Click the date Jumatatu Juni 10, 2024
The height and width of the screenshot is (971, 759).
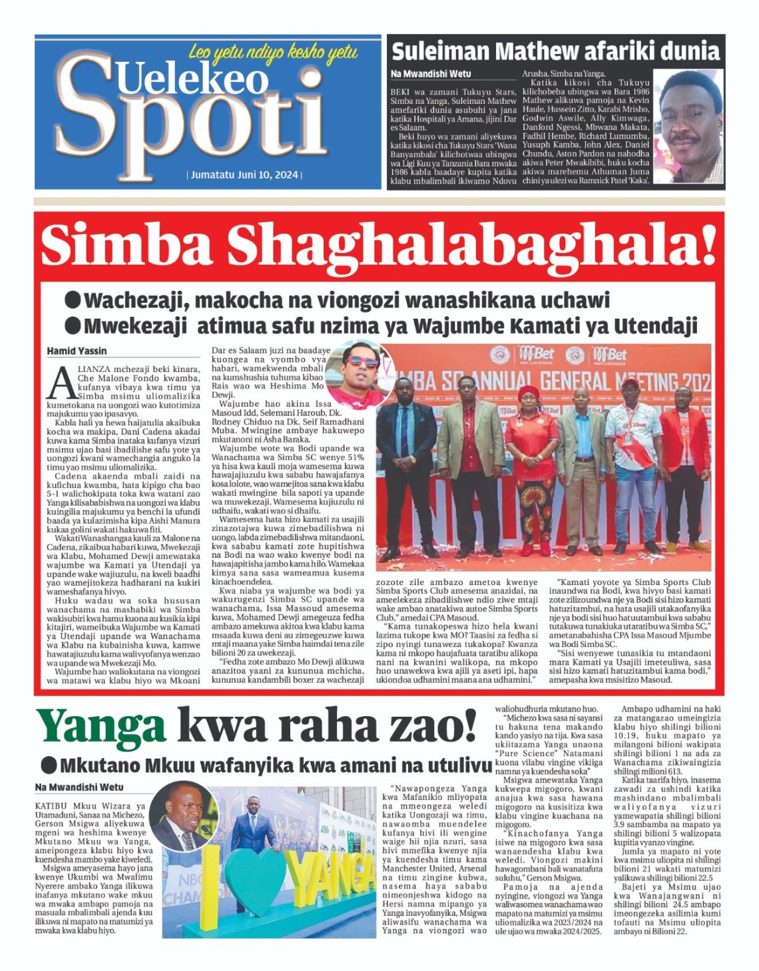point(244,176)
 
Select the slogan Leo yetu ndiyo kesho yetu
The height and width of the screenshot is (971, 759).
point(273,52)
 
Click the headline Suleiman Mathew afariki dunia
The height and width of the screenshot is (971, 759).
point(555,51)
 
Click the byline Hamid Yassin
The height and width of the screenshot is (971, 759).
point(77,351)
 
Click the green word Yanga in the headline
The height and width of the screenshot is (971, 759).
point(101,727)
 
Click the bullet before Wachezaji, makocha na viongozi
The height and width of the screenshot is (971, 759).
point(73,300)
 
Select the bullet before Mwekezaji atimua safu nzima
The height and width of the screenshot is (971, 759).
point(73,325)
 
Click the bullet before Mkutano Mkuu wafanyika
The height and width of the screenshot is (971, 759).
point(48,764)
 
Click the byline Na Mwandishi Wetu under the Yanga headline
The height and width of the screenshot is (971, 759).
point(79,787)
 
